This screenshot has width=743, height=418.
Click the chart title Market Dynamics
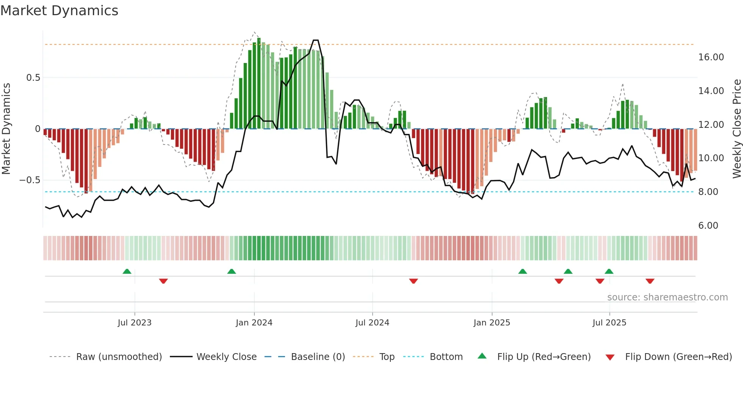[x=59, y=11]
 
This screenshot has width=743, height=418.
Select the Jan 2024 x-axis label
[x=254, y=323]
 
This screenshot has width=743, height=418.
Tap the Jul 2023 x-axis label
[x=135, y=323]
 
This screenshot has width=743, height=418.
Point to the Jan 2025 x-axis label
[x=492, y=323]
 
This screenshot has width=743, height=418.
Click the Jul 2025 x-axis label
[x=609, y=323]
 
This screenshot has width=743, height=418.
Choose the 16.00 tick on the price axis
[x=711, y=57]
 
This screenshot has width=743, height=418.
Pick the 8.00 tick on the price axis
[x=708, y=192]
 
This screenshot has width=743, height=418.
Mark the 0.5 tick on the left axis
[x=33, y=78]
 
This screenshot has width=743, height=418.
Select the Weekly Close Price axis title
[x=737, y=129]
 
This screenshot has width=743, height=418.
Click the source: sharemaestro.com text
[x=667, y=297]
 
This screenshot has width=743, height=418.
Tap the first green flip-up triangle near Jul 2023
[x=127, y=272]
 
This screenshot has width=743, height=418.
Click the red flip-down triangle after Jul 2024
[x=413, y=281]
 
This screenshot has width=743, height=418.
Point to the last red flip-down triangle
[x=650, y=281]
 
